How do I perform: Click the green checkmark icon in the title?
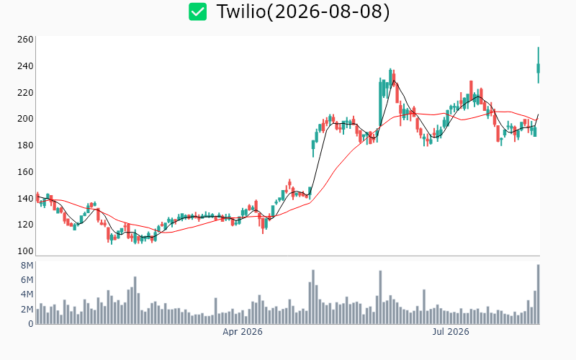pos(197,12)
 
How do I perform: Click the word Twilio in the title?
pos(241,12)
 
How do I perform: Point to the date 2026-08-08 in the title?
pos(328,12)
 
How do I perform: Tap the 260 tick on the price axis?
pos(25,40)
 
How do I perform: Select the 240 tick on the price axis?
pos(25,66)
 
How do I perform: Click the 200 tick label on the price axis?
pos(25,119)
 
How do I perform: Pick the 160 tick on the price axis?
pos(25,171)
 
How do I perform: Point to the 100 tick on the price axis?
pos(25,251)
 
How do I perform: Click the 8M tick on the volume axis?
pos(27,266)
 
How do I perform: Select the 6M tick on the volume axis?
pos(27,280)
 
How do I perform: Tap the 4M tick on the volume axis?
pos(27,294)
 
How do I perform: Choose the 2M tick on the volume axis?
pos(27,310)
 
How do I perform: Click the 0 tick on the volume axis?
pos(31,323)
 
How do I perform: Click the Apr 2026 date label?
pos(243,332)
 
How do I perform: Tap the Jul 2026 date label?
pos(451,332)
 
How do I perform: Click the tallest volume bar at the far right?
pos(538,294)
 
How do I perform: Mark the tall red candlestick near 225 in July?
pos(472,90)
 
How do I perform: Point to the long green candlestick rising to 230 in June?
pos(380,103)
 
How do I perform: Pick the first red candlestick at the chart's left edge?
pos(37,197)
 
